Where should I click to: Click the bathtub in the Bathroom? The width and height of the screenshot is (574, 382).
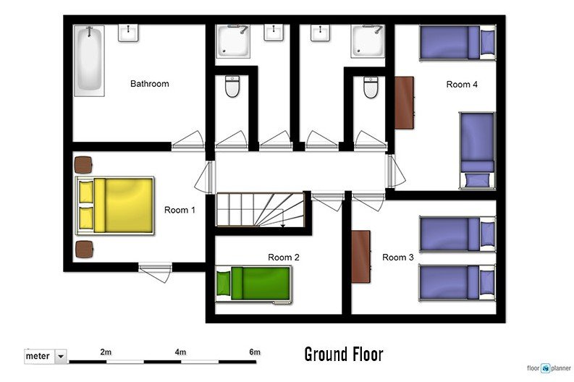point(89,61)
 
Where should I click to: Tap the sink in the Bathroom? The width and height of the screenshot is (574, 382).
point(128,33)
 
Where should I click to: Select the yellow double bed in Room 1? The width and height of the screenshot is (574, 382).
point(114,205)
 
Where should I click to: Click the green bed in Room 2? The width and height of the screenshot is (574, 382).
point(254,285)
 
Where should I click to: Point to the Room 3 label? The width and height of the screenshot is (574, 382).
point(398,258)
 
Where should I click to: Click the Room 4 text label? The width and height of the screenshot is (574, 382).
point(462,85)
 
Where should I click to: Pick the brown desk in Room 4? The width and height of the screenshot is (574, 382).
point(404,103)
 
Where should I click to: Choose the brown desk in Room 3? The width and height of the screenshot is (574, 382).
point(361,257)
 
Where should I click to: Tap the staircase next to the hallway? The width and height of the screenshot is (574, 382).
point(261,210)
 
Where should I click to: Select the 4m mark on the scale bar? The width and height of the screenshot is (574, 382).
point(180,352)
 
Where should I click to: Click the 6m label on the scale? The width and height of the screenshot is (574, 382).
point(255,352)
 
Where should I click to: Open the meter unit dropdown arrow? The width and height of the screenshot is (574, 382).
point(61,356)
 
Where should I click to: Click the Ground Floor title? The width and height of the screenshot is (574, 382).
point(344,355)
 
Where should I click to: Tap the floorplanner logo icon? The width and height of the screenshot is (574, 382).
point(546,368)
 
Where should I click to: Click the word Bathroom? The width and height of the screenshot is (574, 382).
point(150,84)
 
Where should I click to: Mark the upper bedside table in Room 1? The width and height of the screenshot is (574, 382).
point(83,165)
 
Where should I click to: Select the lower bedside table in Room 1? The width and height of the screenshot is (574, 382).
point(84,250)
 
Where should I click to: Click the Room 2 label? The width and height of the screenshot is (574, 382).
point(284,258)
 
